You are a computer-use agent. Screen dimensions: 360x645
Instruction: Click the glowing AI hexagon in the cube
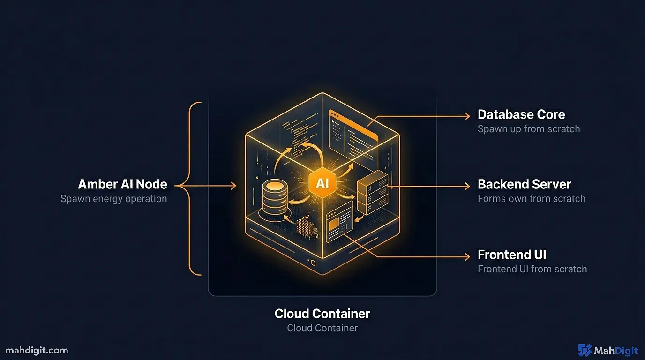(x=322, y=183)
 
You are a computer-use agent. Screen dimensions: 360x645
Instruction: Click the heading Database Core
(x=521, y=114)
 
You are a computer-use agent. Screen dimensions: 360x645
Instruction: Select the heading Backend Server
(x=524, y=184)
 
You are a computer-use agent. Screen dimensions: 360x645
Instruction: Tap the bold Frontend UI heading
(x=512, y=255)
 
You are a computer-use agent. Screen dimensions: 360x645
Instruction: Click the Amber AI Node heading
(x=122, y=184)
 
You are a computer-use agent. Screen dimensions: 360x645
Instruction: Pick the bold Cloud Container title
(x=322, y=313)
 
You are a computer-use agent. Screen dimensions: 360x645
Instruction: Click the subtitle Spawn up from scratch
(x=528, y=129)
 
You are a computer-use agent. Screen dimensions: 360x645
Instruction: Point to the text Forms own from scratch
(x=531, y=199)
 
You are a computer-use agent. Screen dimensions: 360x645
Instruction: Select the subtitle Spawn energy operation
(x=113, y=199)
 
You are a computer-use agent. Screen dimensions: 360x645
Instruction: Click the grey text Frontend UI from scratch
(x=532, y=269)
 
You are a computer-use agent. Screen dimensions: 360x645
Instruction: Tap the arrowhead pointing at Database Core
(x=466, y=115)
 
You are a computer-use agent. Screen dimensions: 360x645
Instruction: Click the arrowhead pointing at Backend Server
(x=466, y=186)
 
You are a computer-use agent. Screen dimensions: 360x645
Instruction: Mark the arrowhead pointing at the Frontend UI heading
(x=466, y=256)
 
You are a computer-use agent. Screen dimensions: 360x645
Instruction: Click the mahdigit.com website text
(x=37, y=350)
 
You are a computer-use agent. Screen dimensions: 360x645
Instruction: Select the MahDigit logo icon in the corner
(x=585, y=350)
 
